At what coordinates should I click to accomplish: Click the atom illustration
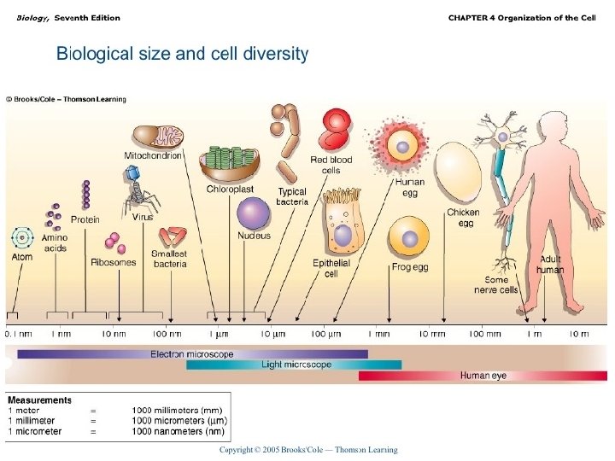(21, 237)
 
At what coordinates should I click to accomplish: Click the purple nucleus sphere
(254, 213)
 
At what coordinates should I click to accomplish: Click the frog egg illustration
(409, 238)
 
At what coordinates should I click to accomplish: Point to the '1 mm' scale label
(380, 333)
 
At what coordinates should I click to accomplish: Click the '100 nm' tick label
(167, 333)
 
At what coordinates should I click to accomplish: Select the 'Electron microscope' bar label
(192, 353)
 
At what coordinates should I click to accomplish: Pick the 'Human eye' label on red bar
(483, 376)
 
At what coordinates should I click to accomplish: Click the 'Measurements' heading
(39, 400)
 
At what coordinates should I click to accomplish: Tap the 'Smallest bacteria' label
(170, 259)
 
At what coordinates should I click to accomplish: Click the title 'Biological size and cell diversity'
(182, 54)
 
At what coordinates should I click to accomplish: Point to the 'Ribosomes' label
(113, 263)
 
